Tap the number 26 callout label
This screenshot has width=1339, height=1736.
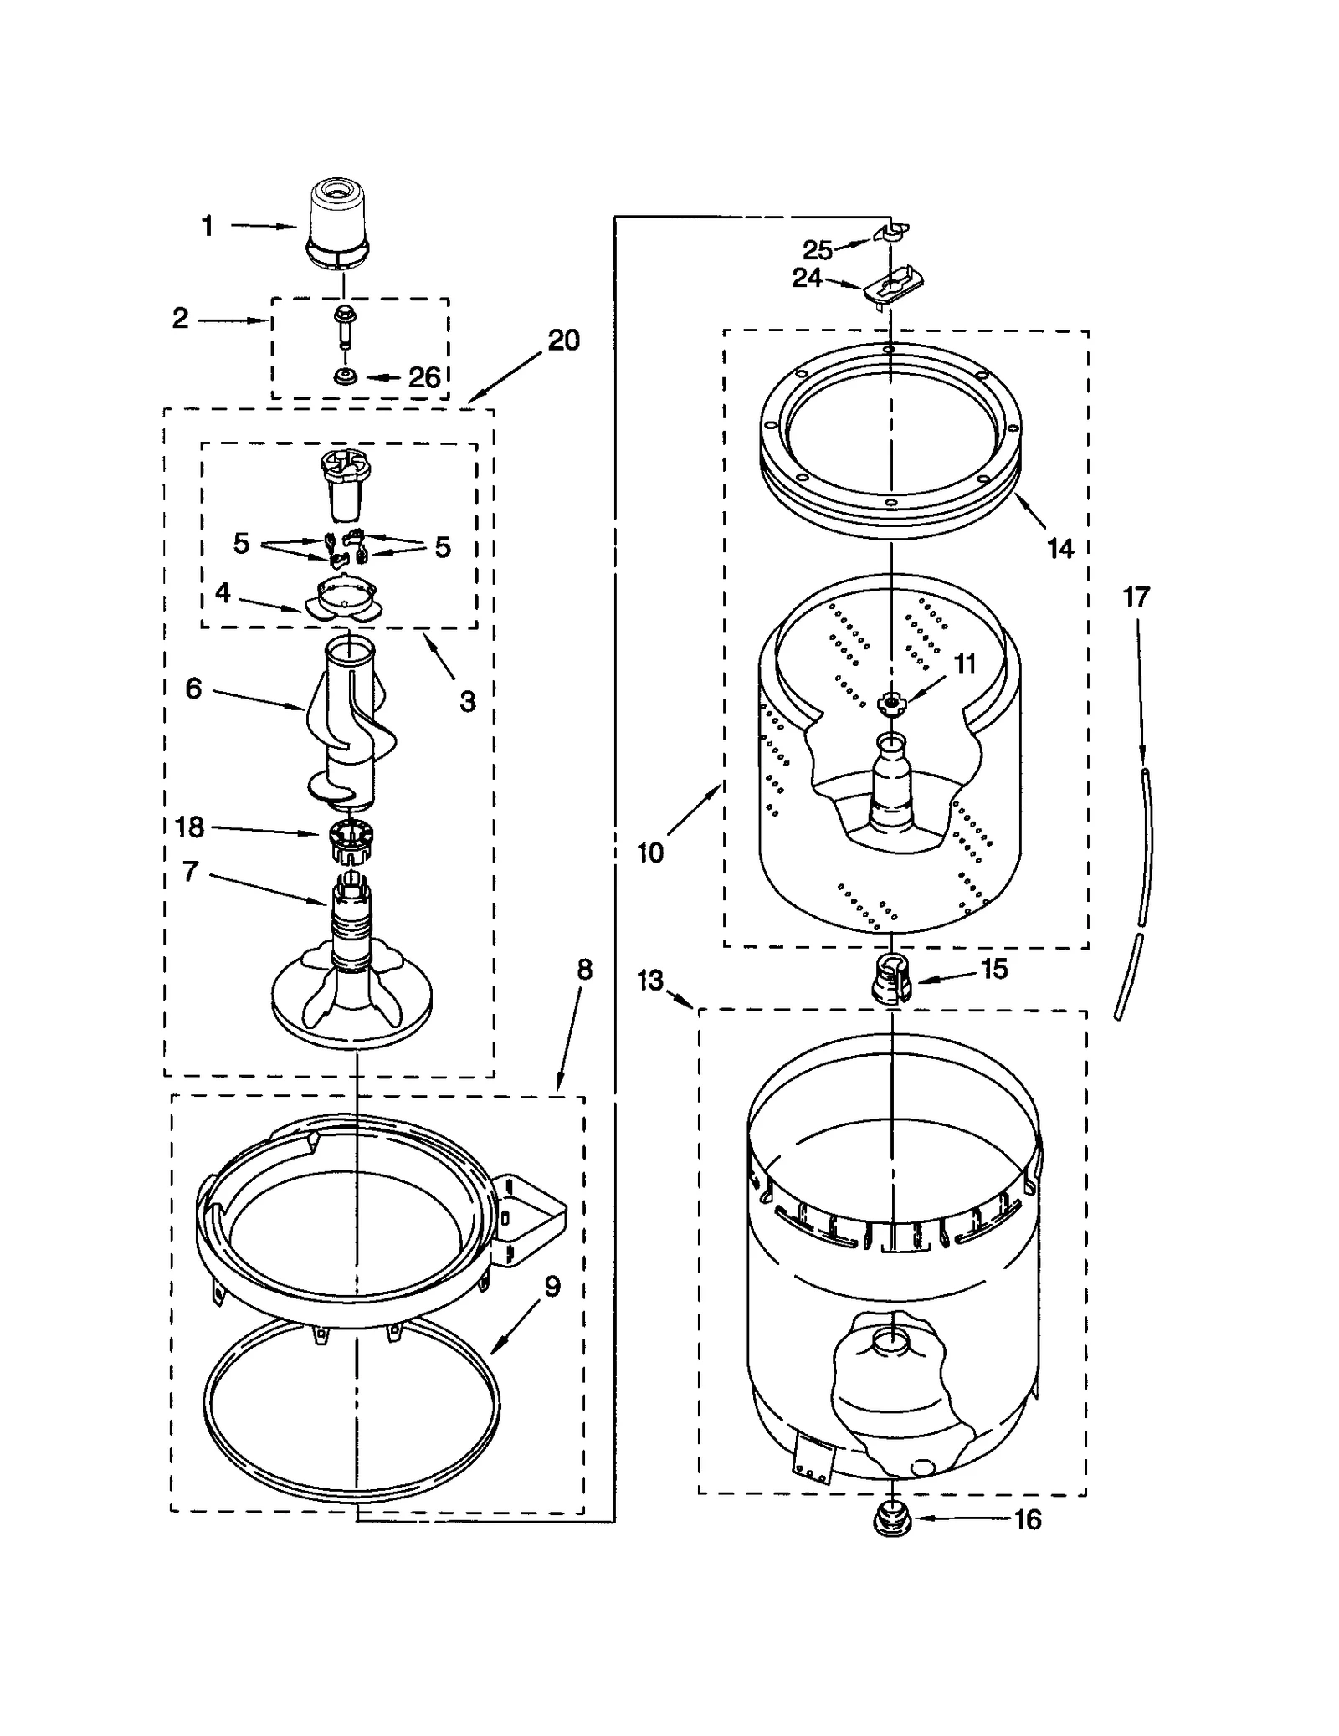[x=424, y=377]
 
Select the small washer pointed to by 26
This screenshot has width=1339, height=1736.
[x=344, y=377]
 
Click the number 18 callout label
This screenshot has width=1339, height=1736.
[x=190, y=827]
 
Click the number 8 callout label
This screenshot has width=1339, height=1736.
[x=584, y=970]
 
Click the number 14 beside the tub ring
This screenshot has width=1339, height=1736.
[x=1060, y=549]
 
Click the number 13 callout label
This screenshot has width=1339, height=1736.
[x=650, y=980]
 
